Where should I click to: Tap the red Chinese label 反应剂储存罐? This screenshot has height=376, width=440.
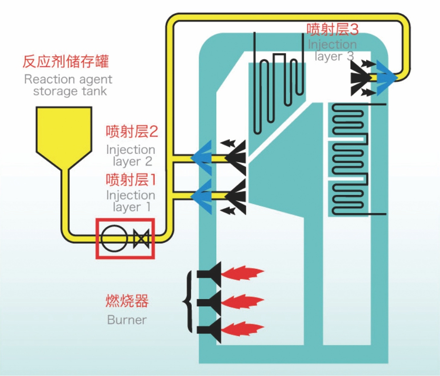tap(66, 62)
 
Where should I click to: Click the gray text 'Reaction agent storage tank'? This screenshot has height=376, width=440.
tap(68, 85)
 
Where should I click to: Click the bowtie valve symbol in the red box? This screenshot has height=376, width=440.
tap(141, 239)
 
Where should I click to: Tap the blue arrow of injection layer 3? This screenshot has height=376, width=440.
tap(385, 77)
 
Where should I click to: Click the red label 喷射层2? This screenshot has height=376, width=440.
tap(132, 132)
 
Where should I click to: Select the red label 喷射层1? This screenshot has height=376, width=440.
tap(132, 178)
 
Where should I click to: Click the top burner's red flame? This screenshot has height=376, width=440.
tap(242, 272)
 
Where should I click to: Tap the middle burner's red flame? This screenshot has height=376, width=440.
tap(242, 301)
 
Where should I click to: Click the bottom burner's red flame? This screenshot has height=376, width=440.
tap(242, 329)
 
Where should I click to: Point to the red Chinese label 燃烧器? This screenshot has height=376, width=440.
tap(127, 301)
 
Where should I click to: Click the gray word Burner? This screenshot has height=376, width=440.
tap(127, 320)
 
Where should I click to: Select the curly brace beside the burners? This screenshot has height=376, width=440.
tap(188, 301)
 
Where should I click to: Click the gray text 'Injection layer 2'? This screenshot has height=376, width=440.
tap(131, 155)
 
